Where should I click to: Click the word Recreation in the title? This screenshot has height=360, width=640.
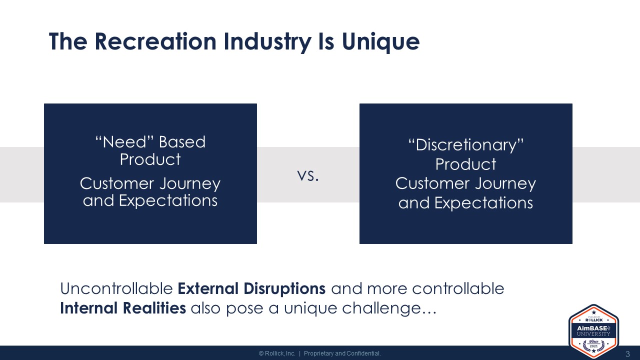155,41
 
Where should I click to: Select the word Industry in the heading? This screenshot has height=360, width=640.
267,42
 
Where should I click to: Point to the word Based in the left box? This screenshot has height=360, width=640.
182,142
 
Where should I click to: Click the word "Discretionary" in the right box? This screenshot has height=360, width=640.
465,145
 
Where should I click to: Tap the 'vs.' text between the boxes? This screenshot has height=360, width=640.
308,175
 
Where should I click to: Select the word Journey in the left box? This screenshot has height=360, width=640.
190,183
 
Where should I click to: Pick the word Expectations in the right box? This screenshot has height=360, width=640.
483,203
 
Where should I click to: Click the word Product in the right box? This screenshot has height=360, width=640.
465,164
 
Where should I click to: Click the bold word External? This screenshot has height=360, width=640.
208,288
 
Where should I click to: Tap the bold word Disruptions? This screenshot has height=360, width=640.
284,289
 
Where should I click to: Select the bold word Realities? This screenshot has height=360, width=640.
154,308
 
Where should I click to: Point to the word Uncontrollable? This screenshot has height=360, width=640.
116,288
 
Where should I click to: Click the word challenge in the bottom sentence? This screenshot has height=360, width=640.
381,309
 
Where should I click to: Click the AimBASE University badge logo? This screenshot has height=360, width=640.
593,331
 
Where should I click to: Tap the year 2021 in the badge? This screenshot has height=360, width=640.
593,346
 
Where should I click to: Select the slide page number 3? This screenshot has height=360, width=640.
627,354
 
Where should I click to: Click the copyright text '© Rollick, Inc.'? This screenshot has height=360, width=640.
277,353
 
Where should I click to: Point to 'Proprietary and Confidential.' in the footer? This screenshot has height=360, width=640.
342,353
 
